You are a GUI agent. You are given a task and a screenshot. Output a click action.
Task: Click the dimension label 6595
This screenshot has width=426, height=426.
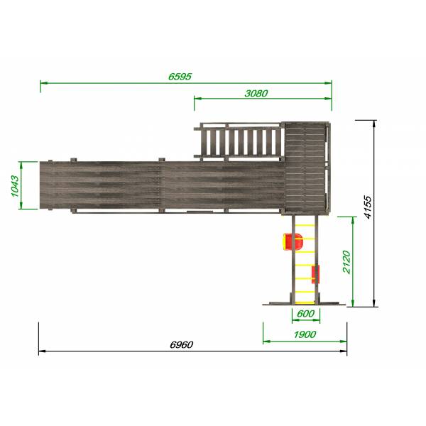point(180,77)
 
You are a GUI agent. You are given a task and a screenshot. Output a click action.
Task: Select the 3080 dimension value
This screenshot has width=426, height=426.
point(256,94)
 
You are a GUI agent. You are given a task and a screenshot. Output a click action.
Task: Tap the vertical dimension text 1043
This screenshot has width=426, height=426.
point(15,186)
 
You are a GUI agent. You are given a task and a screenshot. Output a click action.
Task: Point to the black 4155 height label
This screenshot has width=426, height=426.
point(368,207)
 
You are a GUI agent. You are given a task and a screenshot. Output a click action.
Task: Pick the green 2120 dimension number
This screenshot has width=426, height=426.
point(347,262)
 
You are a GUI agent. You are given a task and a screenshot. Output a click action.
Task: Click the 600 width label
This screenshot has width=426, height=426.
point(305,314)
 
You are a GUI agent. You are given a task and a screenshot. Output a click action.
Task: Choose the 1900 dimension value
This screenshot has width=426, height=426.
point(305,334)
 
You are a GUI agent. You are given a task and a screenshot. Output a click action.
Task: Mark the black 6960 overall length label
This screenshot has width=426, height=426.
point(182,345)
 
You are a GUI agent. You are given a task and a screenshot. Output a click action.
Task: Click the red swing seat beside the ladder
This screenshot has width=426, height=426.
point(293,241)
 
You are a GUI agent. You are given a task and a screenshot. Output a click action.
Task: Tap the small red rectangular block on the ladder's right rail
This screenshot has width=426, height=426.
point(315,274)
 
